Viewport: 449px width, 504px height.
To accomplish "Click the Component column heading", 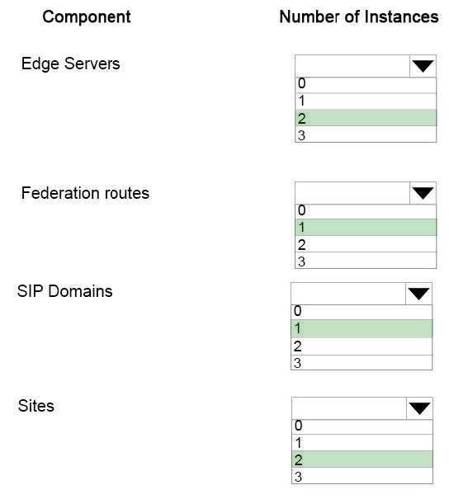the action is tap(87, 16).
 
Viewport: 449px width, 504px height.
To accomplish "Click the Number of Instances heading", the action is tap(359, 16).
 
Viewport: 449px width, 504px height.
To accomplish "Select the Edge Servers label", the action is tap(70, 64).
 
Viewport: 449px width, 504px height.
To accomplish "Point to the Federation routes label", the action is tap(85, 193).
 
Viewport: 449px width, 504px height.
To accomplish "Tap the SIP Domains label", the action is tap(65, 291).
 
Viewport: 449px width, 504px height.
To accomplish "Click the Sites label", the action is tap(36, 406).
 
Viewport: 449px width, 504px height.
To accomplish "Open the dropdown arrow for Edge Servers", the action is tap(423, 66).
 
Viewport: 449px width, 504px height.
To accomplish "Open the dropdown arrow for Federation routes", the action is tap(423, 193).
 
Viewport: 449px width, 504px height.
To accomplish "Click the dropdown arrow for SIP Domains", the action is tap(418, 294).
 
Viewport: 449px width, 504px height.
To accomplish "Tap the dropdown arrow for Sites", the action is tap(419, 408).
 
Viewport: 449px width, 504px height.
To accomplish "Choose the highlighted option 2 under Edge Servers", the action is tap(366, 118).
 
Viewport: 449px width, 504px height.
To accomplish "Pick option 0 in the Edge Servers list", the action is tap(366, 85).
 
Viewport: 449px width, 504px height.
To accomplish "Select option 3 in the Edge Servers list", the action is tap(366, 134).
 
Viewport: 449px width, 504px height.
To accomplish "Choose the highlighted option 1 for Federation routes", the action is tap(366, 227).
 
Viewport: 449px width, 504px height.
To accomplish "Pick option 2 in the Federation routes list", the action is tap(366, 244).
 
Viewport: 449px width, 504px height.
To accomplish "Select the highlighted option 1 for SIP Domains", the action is tap(362, 328).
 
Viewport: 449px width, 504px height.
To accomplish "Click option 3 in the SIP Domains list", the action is tap(362, 363).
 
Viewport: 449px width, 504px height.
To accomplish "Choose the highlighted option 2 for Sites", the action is tap(362, 459).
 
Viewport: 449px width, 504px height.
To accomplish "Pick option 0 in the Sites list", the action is tap(362, 426).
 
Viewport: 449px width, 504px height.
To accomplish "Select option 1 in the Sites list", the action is tap(362, 443).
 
